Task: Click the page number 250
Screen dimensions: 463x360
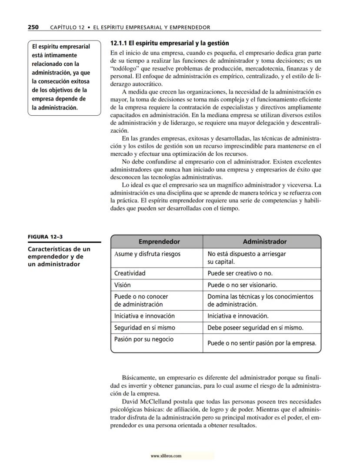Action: pos(33,27)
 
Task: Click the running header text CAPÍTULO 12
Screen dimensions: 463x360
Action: pos(67,27)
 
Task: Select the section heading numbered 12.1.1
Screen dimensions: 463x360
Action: pos(170,44)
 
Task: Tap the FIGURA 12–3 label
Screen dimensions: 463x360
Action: pos(43,237)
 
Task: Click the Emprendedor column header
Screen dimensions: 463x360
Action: pos(159,242)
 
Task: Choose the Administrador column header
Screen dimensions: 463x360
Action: pos(264,242)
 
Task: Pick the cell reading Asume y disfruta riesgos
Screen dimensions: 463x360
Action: pos(147,254)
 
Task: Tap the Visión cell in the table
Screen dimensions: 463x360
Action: pos(122,285)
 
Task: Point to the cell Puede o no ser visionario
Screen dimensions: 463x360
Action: pos(242,285)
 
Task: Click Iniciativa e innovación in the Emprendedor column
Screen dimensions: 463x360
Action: pos(144,316)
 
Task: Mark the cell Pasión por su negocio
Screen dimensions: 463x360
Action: pos(143,339)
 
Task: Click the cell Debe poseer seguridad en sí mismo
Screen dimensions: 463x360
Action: pos(255,328)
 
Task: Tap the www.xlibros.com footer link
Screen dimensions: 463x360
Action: pos(166,456)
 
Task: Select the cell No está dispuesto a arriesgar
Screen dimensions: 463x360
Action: pos(247,254)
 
